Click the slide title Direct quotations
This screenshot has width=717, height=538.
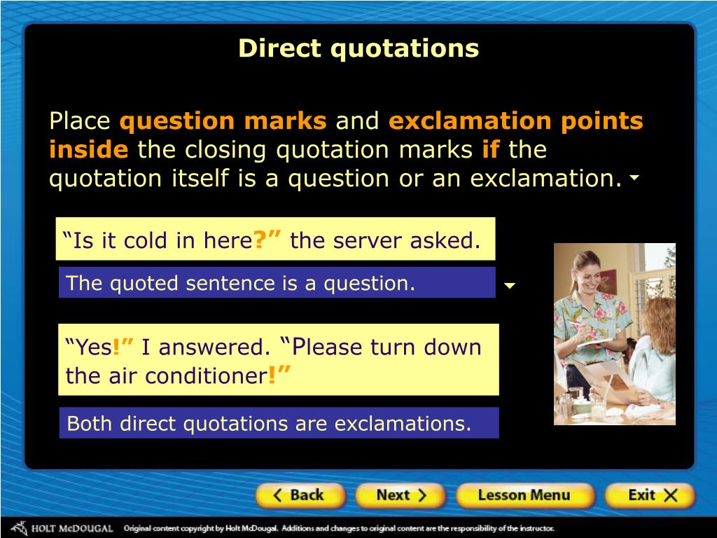pyautogui.click(x=358, y=48)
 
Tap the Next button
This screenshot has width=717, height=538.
pyautogui.click(x=400, y=495)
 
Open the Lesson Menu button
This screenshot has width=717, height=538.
pyautogui.click(x=524, y=495)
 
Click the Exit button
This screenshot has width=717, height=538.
pyautogui.click(x=651, y=495)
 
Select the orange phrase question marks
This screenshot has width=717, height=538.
pyautogui.click(x=223, y=122)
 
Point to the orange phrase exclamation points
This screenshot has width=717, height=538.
pyautogui.click(x=515, y=122)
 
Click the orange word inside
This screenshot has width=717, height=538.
pyautogui.click(x=88, y=150)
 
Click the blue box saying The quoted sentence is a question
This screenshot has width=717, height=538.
pyautogui.click(x=277, y=283)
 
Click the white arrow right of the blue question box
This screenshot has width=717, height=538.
pyautogui.click(x=510, y=286)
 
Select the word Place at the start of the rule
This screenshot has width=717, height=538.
pyautogui.click(x=80, y=122)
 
